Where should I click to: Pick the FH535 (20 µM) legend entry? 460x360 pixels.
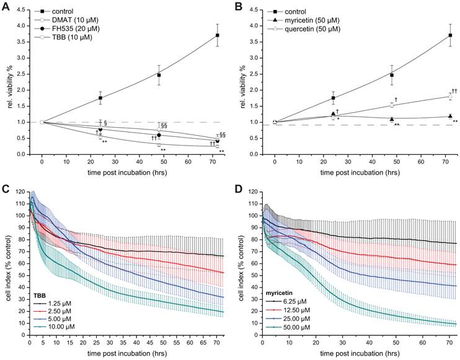[x=69, y=29]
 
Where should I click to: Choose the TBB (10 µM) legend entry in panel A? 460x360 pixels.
[x=66, y=38]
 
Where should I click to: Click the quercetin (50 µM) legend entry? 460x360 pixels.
[x=304, y=29]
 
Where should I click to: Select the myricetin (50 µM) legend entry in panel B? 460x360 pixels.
[x=304, y=20]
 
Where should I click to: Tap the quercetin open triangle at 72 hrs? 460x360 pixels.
[x=451, y=96]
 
